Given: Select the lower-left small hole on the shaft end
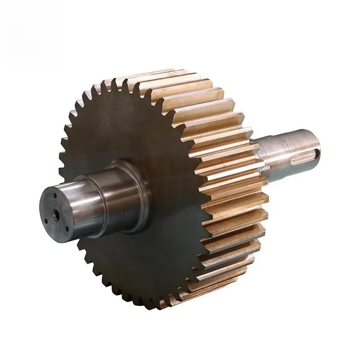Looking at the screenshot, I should pos(46,221).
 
